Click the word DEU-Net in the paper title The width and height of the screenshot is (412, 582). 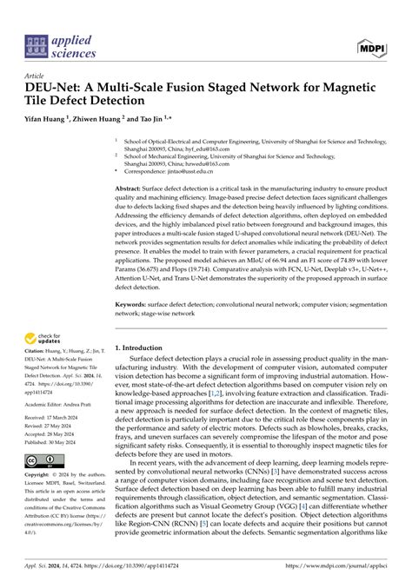point(52,89)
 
